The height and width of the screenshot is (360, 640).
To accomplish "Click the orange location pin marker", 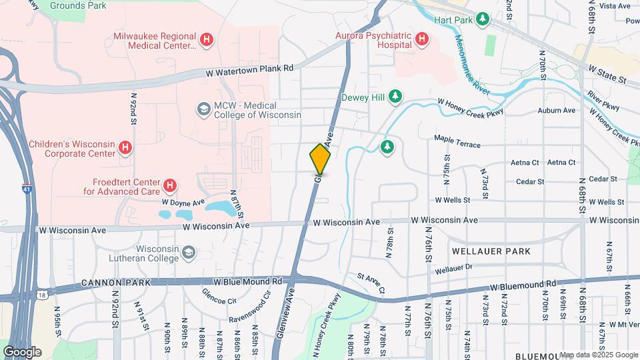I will [320, 159].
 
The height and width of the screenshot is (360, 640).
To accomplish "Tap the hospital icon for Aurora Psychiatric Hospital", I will [421, 39].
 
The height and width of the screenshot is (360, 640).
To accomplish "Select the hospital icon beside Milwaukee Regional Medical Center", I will [207, 40].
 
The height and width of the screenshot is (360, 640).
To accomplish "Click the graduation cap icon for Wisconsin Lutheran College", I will [189, 252].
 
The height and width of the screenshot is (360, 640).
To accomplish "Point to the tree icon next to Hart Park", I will [483, 20].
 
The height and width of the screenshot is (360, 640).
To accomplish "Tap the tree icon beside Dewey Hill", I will [395, 97].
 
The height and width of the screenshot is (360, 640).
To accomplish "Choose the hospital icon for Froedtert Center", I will [170, 186].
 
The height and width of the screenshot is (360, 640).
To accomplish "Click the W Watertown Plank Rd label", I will [249, 69].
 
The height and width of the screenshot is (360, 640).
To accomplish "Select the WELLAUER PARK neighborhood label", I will [491, 251].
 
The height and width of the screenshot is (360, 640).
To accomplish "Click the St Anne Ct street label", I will [371, 282].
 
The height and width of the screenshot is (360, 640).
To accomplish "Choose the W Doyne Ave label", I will [183, 201].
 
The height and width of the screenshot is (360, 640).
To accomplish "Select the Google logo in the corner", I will [23, 351].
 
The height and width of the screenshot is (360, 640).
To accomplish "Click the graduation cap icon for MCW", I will [203, 109].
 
